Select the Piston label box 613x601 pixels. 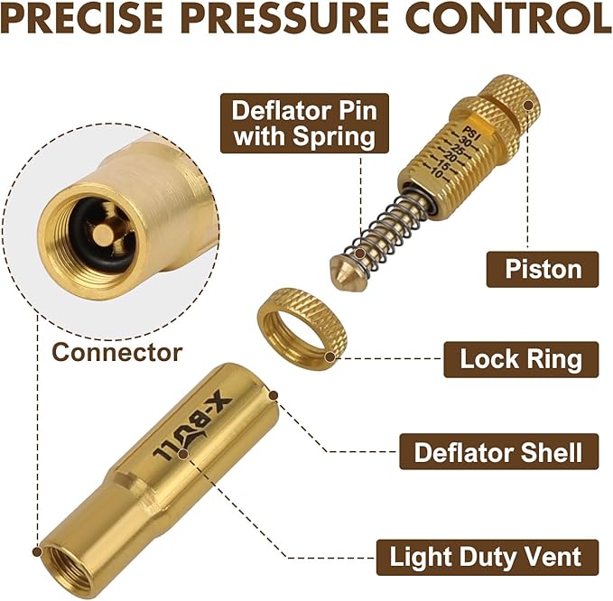[543, 269]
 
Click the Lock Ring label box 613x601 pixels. [521, 359]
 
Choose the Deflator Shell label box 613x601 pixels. [499, 451]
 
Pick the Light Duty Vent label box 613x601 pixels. [488, 558]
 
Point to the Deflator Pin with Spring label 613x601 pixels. [304, 123]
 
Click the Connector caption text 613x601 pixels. [117, 352]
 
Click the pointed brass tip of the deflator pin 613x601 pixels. [341, 272]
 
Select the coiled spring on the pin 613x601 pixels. [385, 230]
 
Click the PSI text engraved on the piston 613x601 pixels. [471, 133]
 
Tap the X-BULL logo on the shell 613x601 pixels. [192, 426]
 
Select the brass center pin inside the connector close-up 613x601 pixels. [102, 234]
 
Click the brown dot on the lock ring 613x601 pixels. [330, 356]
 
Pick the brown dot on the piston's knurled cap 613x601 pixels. [528, 106]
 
